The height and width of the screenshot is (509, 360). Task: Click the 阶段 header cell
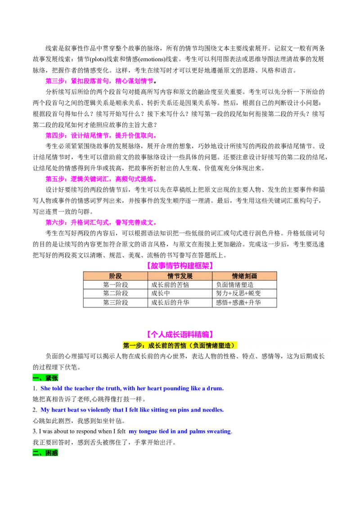[116, 276]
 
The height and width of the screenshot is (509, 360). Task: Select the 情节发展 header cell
[180, 276]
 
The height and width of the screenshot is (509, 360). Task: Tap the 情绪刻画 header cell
[244, 276]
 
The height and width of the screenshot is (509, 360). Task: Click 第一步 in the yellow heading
[133, 345]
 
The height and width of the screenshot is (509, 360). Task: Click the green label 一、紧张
[46, 378]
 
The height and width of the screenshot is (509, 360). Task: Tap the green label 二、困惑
[46, 453]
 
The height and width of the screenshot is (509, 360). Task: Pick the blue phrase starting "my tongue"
[180, 432]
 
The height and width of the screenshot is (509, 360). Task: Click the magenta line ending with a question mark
[99, 81]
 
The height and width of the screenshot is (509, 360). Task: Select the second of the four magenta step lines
[100, 135]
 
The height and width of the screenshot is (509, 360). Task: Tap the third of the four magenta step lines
[100, 179]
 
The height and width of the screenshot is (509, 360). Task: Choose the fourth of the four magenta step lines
[100, 222]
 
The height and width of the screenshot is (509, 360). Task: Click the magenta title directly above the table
[180, 266]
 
